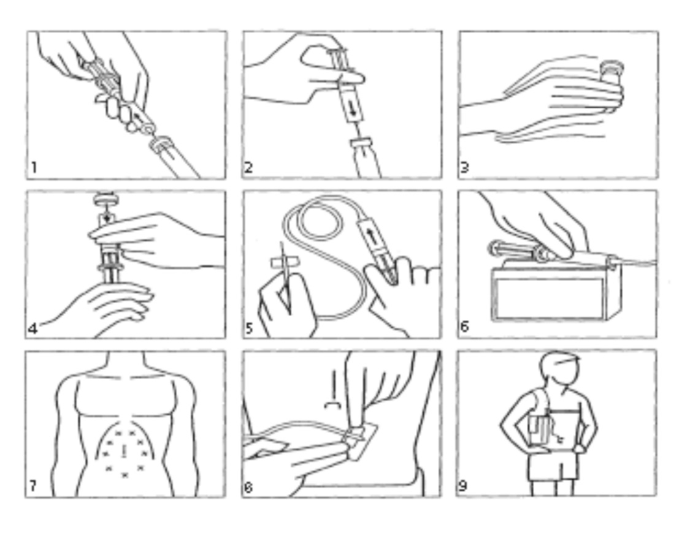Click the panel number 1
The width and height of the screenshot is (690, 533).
click(x=34, y=167)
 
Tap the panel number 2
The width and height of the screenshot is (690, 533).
click(x=248, y=167)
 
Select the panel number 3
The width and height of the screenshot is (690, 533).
click(x=464, y=167)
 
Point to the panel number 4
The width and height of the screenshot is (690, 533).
click(x=33, y=328)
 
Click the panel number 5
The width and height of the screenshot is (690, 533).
click(x=249, y=328)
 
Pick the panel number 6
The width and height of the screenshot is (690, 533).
click(x=465, y=327)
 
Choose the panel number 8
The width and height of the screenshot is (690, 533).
click(x=248, y=487)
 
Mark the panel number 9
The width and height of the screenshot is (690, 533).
click(x=464, y=486)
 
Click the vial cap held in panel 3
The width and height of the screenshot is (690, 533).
click(x=612, y=67)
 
